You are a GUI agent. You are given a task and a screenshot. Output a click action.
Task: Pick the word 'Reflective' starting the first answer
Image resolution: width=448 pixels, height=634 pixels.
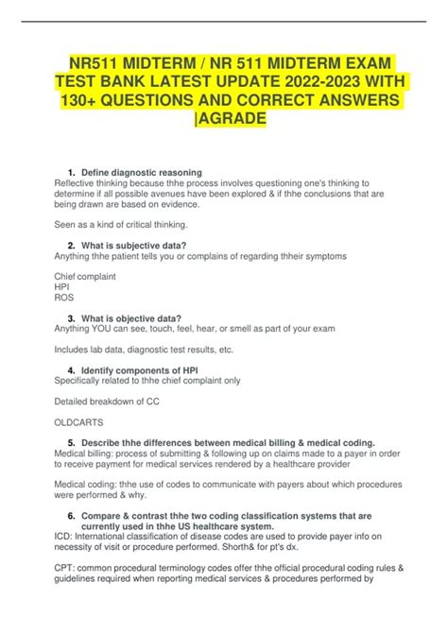75,183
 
